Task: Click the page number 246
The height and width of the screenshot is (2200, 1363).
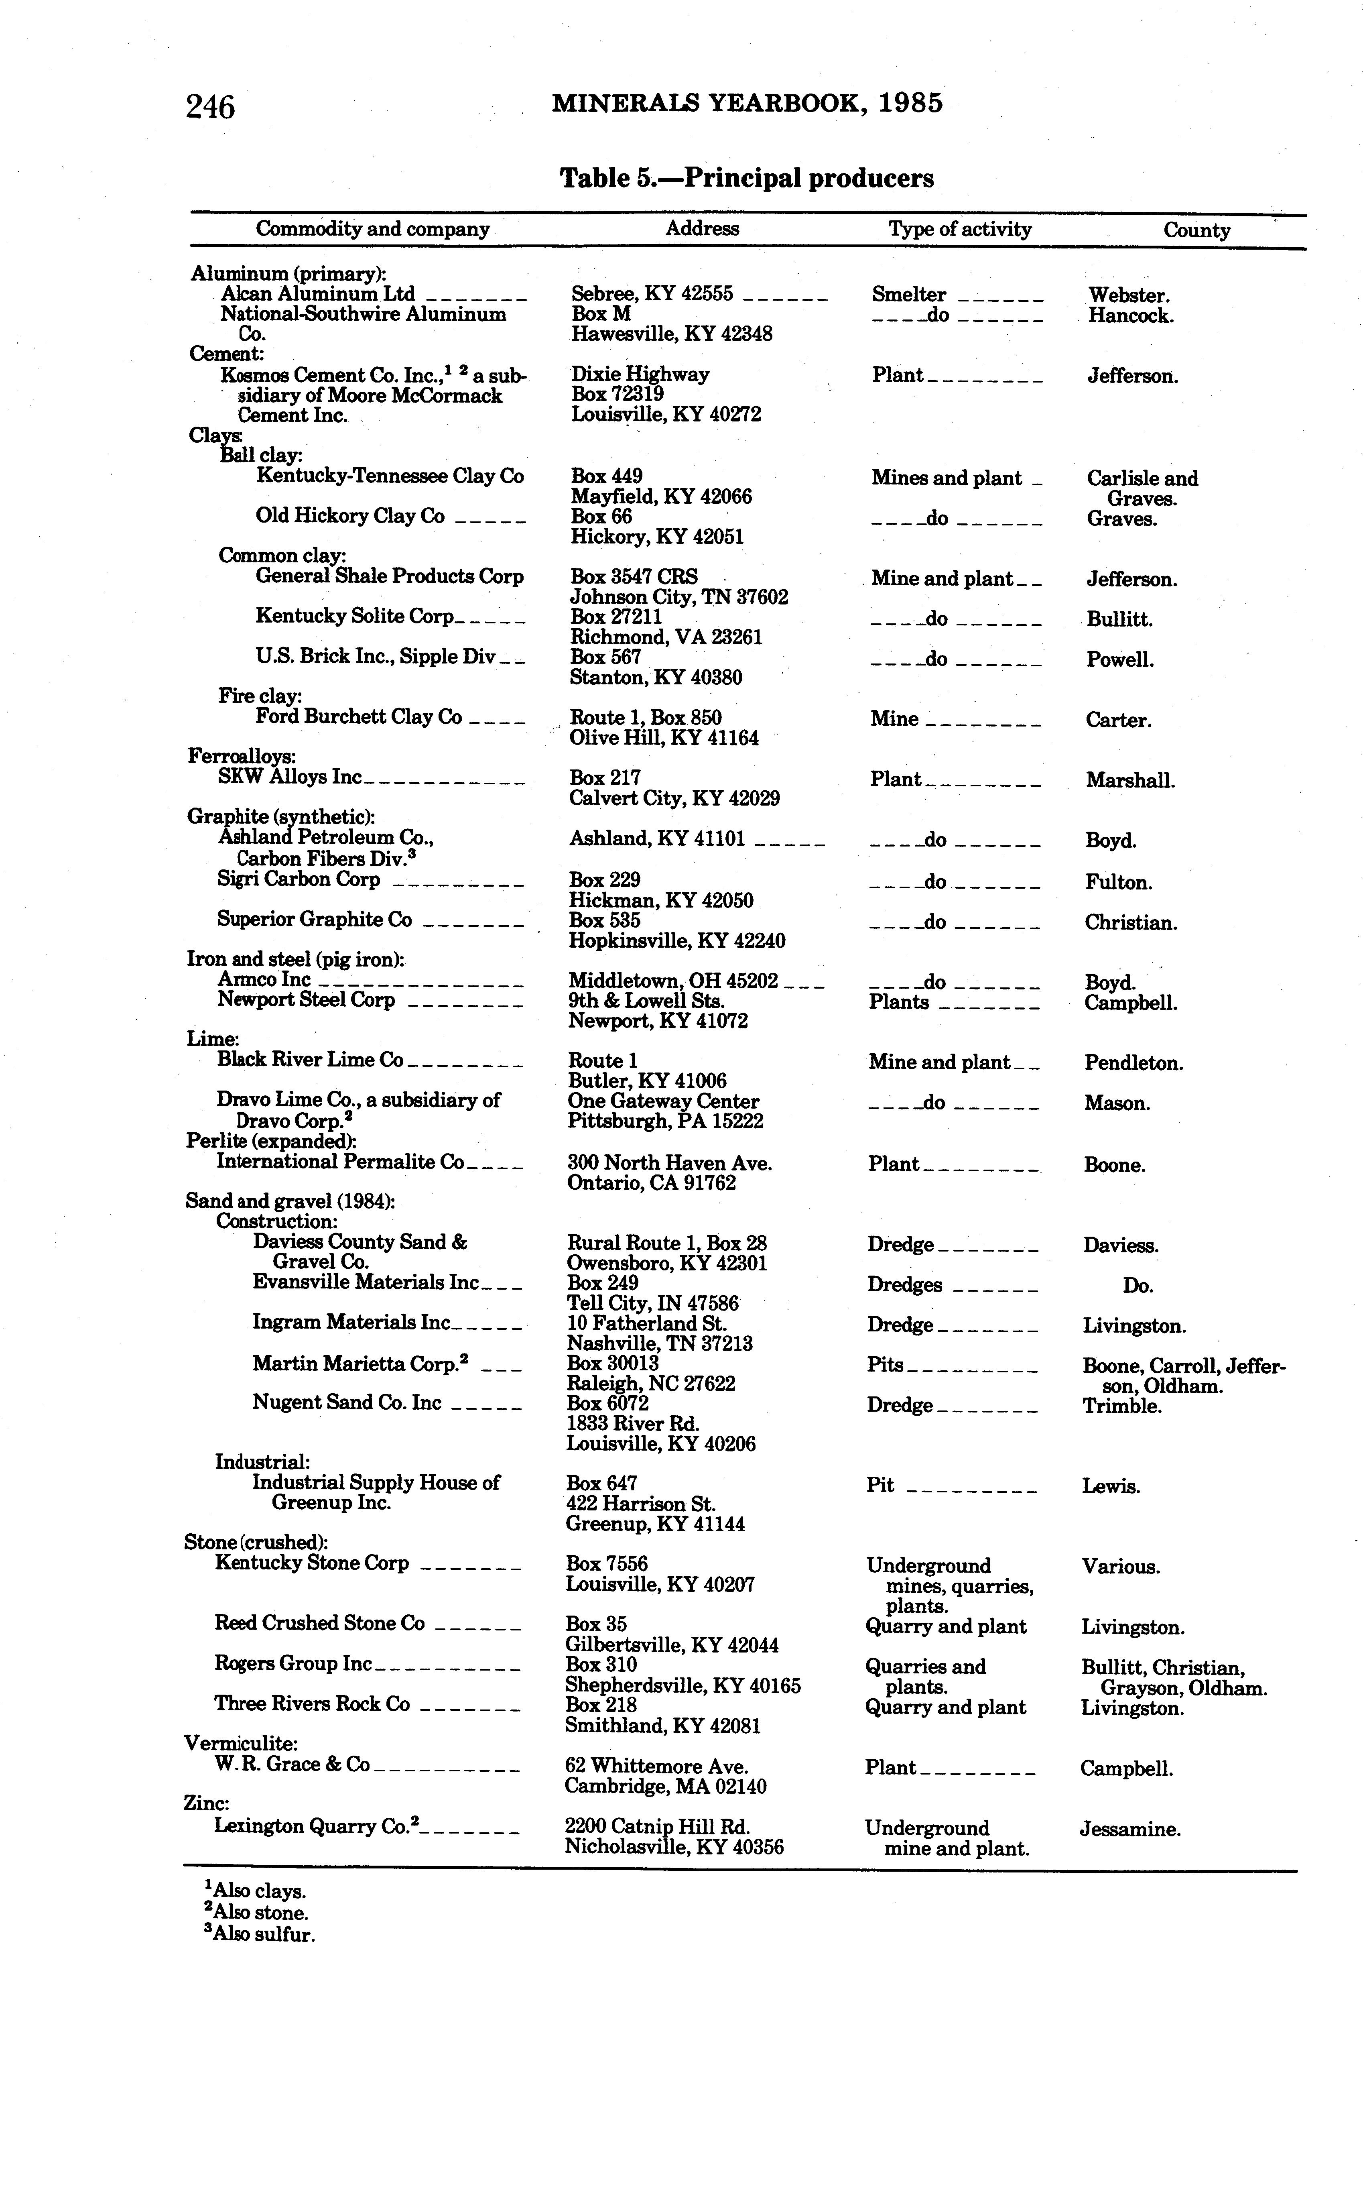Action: pos(210,107)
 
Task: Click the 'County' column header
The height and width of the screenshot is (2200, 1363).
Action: pos(1196,230)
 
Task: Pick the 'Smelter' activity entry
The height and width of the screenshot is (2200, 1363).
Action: pos(909,295)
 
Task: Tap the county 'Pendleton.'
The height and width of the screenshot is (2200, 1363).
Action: pos(1133,1063)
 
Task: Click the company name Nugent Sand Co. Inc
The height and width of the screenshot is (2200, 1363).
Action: pos(347,1403)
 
